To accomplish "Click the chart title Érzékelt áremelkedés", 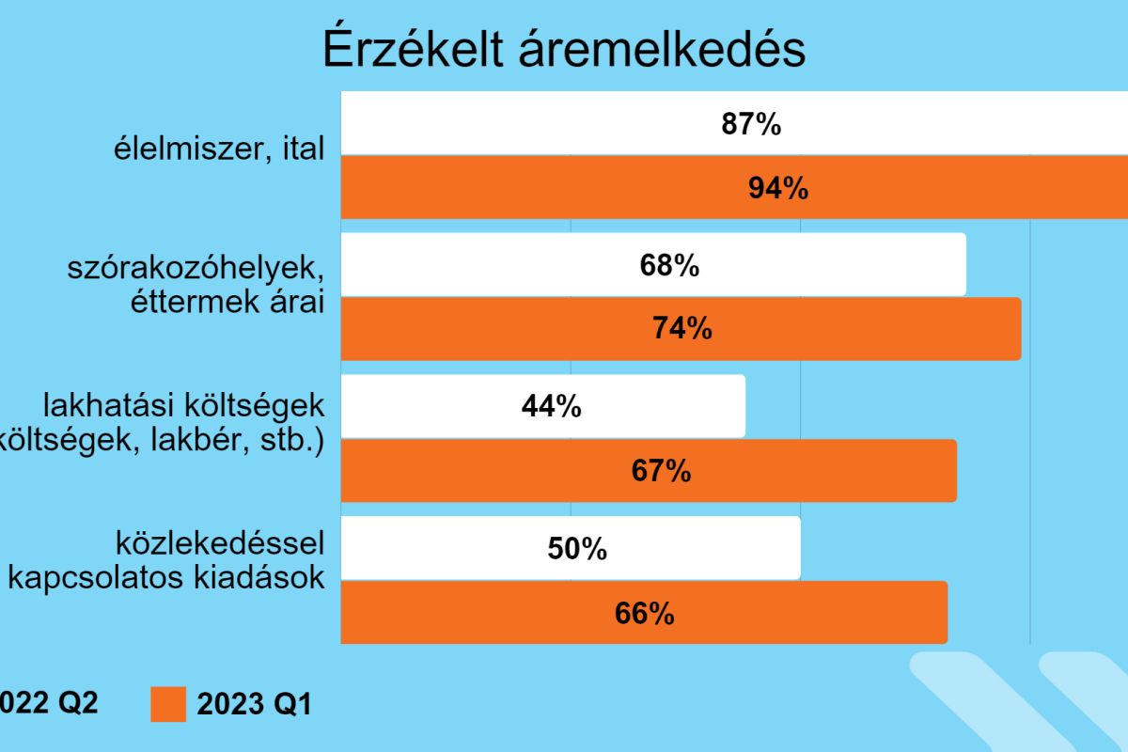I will (564, 50).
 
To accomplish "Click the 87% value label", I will (751, 124).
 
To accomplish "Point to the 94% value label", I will (778, 188).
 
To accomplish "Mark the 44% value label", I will (551, 406).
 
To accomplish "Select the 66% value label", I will (645, 613).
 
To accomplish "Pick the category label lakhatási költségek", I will (184, 407).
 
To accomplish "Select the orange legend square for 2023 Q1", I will (168, 704).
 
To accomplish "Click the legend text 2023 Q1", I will (254, 704).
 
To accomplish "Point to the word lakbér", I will (201, 441).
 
